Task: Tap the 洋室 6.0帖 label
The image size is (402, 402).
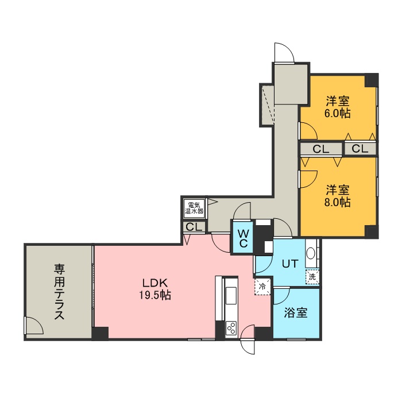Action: [x=338, y=107]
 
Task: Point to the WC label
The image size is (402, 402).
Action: [x=243, y=238]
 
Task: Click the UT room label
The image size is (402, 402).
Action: [x=290, y=264]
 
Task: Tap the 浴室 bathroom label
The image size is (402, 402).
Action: [x=296, y=312]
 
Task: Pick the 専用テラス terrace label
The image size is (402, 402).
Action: [x=59, y=292]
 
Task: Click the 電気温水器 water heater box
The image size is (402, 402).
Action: [x=194, y=208]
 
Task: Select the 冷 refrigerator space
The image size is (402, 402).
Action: [x=262, y=286]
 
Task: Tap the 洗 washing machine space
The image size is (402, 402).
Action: [x=312, y=276]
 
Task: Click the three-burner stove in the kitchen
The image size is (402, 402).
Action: [x=231, y=328]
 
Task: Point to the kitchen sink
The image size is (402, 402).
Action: [x=231, y=295]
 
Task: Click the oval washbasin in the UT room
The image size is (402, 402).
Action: [x=311, y=254]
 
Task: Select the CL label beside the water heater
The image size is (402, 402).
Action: [x=194, y=227]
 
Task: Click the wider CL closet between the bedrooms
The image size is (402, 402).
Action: [x=320, y=149]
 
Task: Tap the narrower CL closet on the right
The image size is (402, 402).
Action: [x=360, y=149]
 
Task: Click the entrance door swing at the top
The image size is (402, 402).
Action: [x=284, y=52]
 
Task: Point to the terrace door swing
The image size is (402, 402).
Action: [x=34, y=326]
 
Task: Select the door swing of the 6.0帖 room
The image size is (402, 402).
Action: [x=308, y=131]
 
